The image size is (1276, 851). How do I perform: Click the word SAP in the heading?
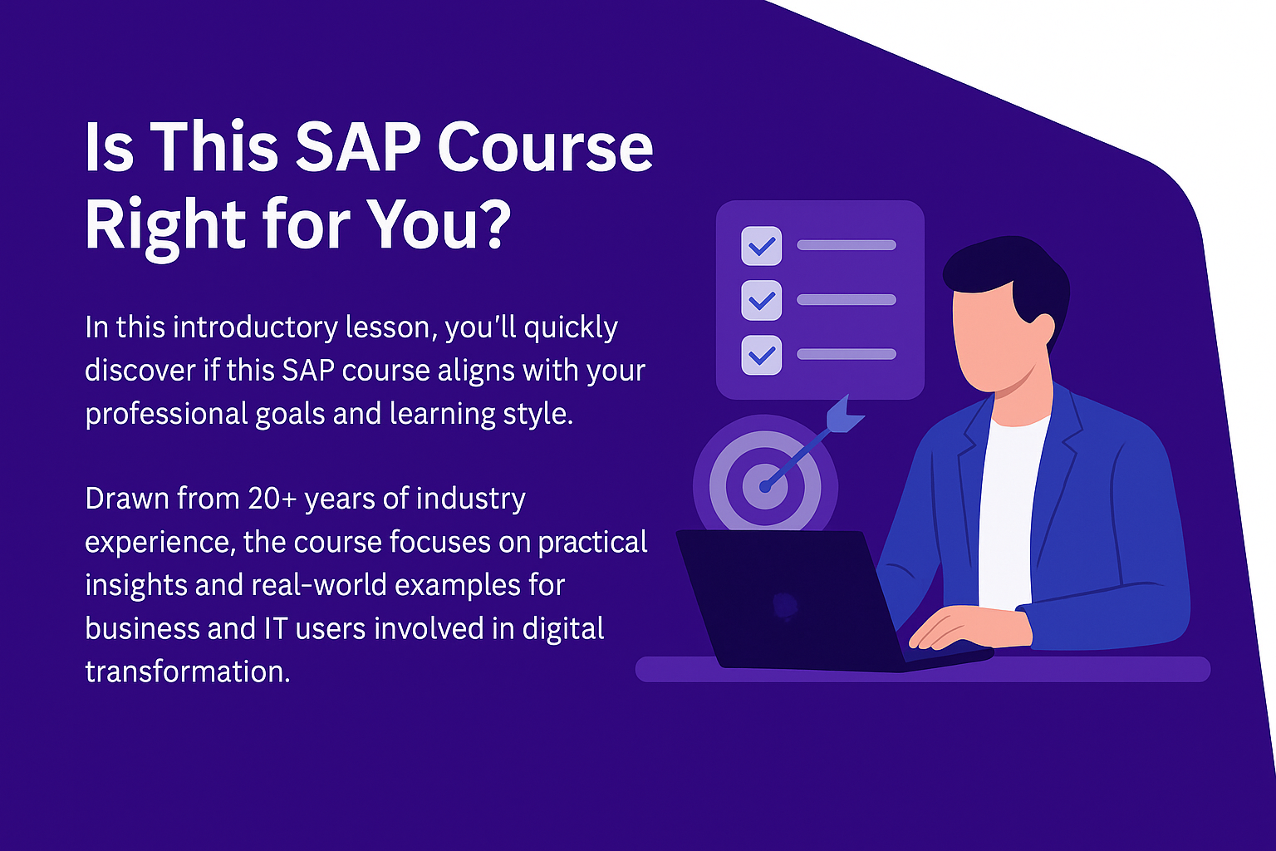358,147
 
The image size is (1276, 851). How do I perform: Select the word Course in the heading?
546,148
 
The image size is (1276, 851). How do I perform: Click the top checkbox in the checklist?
761,246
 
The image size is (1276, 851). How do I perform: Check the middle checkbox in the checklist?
761,300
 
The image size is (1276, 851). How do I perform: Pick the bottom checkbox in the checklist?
761,355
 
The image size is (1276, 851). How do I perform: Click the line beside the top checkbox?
847,245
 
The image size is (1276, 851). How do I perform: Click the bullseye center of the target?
765,486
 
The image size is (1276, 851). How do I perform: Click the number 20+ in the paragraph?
272,499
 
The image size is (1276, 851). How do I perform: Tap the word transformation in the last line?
188,672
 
